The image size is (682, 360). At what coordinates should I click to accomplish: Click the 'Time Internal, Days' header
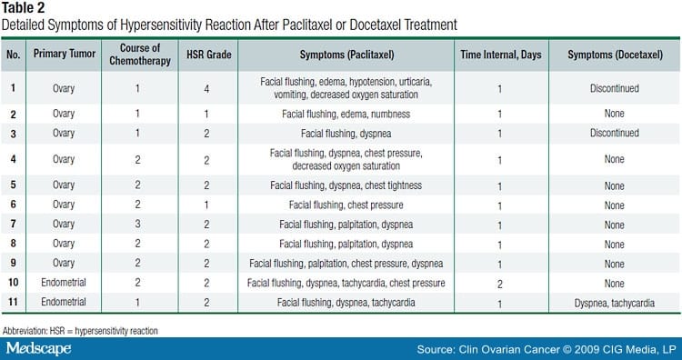point(499,55)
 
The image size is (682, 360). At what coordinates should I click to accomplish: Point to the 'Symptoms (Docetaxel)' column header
point(614,55)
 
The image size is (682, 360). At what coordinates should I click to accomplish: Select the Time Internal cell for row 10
point(499,283)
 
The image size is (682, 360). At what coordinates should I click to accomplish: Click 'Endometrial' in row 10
point(64,283)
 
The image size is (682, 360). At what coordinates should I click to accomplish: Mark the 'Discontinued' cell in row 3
point(614,133)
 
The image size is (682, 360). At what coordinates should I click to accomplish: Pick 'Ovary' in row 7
point(64,224)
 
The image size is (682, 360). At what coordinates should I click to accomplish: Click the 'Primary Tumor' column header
point(64,55)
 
